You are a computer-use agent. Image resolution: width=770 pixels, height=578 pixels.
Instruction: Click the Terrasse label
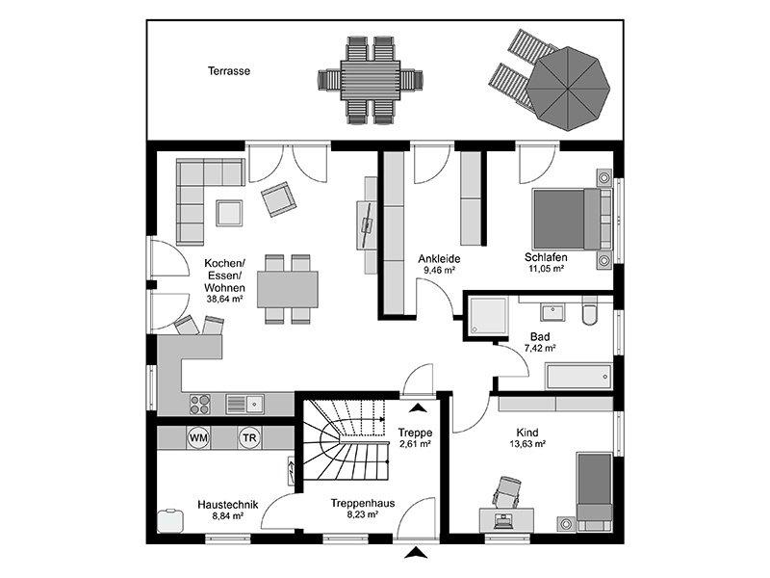[x=229, y=70]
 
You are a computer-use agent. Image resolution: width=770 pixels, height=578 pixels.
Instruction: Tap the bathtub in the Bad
[x=577, y=376]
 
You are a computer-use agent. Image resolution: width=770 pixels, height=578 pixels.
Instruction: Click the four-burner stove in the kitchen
[x=201, y=403]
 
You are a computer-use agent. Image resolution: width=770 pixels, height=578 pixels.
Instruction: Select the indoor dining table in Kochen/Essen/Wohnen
[x=287, y=288]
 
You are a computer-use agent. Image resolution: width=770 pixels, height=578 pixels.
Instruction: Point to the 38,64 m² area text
[x=224, y=300]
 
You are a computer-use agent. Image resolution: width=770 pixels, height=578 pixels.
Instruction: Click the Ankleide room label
[x=439, y=258]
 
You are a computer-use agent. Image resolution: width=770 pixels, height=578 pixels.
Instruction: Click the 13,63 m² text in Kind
[x=526, y=445]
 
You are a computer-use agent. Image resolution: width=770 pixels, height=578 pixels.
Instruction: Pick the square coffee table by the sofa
[x=230, y=211]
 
